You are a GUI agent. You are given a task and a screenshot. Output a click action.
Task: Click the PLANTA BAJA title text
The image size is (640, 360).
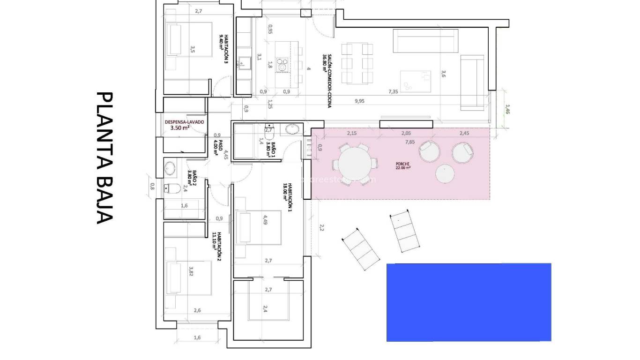[x=104, y=158]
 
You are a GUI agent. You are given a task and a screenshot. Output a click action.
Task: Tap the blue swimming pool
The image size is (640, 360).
[x=469, y=302]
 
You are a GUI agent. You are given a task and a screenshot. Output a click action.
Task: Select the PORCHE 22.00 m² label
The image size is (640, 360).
[x=403, y=166]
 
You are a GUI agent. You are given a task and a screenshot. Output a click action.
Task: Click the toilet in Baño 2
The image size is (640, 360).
[x=172, y=188]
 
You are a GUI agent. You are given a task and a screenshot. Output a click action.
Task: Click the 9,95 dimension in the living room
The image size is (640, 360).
[x=359, y=101]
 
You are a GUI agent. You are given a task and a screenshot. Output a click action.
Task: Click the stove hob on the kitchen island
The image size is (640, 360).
[x=282, y=64]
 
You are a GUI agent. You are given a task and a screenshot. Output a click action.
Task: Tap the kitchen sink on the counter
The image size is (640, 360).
[x=243, y=61]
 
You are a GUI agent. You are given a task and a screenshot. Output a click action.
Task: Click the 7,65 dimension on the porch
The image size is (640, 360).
[x=409, y=142]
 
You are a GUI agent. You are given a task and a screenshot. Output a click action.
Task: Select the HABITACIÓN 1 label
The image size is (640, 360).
[x=287, y=191]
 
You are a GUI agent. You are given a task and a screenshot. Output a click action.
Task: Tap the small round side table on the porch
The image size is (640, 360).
[x=445, y=174]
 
